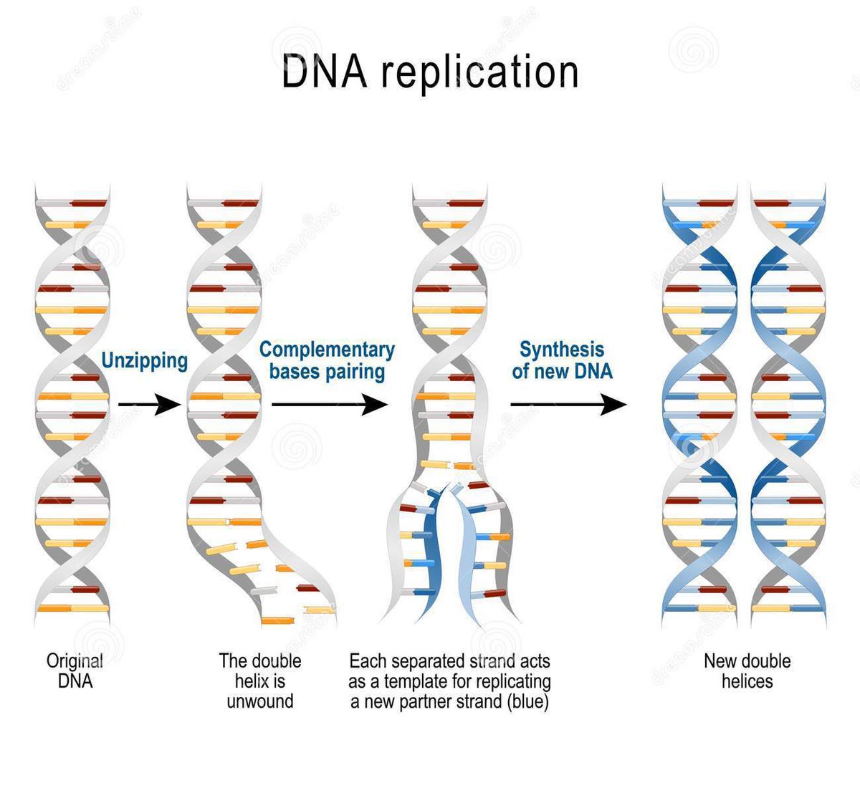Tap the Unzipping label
coord(144,360)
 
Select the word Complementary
coord(327,350)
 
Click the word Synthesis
coord(562,350)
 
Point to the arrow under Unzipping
coord(149,405)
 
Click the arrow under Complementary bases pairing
coord(329,405)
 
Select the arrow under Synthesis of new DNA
coord(568,405)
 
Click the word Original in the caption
coord(75,660)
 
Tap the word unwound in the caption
coord(260,701)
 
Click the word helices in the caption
coord(747,681)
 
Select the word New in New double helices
coord(720,660)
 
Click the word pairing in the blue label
coord(354,372)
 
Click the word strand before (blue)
coord(472,701)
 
